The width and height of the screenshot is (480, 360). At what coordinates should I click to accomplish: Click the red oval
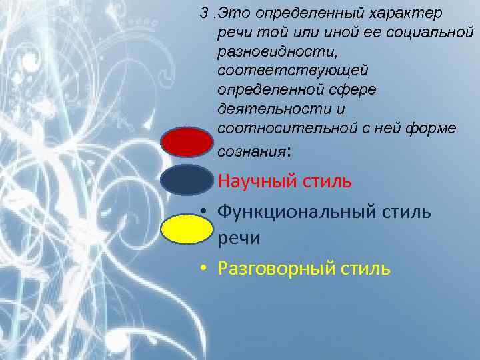coord(187,142)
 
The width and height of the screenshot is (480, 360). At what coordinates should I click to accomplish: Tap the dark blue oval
coord(187,181)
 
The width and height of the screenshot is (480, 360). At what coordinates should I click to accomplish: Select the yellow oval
coord(187,229)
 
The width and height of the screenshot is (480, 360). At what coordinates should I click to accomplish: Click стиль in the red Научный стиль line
coord(326,181)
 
